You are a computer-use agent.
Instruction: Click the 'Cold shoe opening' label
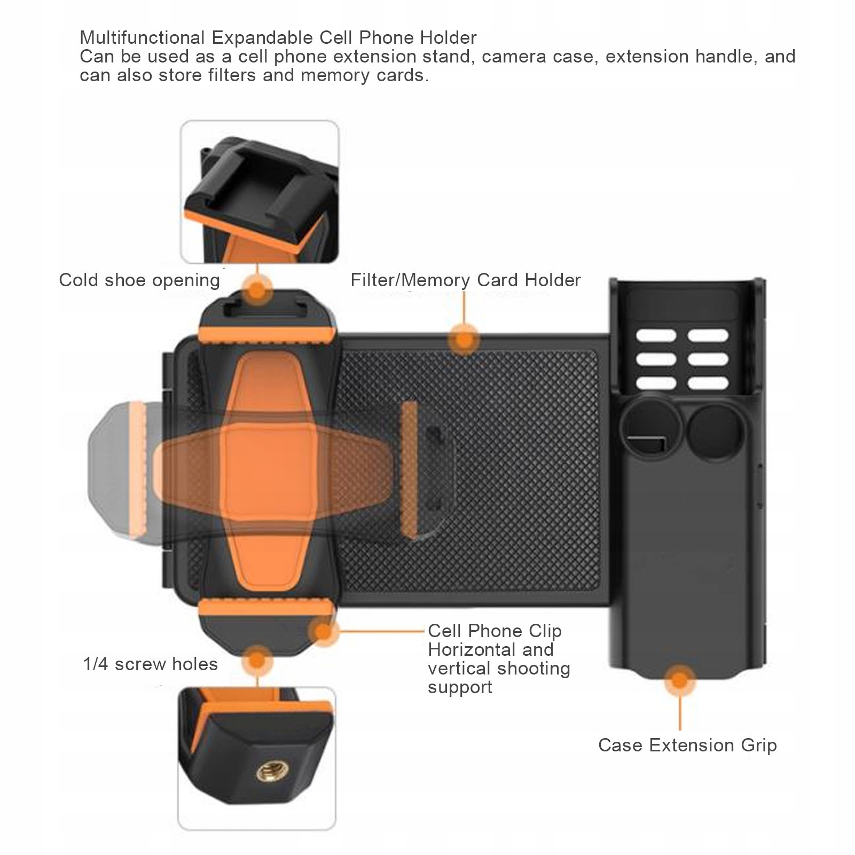click(139, 280)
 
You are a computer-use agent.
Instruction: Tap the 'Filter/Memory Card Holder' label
click(465, 280)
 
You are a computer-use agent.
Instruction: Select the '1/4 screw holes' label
click(151, 664)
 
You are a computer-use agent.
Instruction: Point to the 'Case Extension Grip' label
click(687, 745)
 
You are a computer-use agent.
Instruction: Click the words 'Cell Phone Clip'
click(495, 631)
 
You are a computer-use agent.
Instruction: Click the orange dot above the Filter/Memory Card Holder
click(465, 339)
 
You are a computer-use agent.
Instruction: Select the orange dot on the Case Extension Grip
click(679, 681)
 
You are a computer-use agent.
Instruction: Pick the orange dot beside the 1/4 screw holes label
click(257, 661)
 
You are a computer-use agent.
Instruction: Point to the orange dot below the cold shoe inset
click(257, 292)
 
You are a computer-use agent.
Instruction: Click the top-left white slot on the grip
click(656, 336)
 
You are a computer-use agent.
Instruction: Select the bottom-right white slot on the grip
click(708, 383)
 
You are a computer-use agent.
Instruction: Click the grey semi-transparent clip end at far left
click(115, 470)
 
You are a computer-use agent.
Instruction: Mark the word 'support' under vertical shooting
click(460, 687)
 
